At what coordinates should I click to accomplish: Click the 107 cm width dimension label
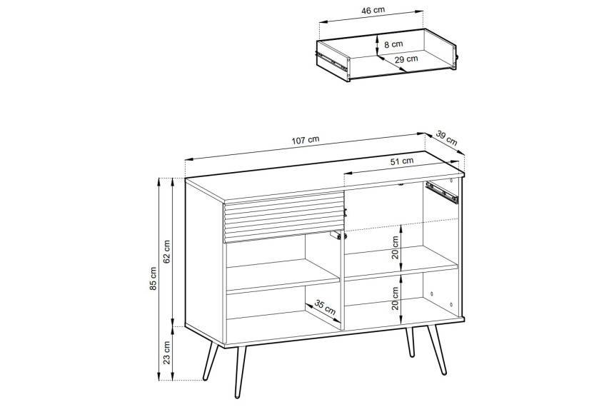pos(306,140)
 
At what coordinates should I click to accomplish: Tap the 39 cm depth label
pos(446,138)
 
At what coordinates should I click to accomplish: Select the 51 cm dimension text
pos(402,161)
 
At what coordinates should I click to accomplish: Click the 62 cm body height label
pos(167,251)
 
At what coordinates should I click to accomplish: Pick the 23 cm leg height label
pos(167,353)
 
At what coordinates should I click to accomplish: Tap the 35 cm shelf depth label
pos(325,307)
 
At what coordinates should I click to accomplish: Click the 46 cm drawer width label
pos(372,11)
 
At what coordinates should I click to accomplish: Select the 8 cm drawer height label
pos(393,44)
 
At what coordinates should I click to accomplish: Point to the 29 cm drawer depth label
pos(406,59)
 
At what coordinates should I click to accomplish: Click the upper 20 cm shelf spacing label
pos(395,247)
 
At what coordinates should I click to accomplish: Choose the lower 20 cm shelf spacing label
pos(395,298)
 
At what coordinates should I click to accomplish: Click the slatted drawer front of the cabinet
pos(283,216)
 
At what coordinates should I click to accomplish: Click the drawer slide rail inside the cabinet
pos(442,192)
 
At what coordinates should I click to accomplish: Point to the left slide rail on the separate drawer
pos(333,62)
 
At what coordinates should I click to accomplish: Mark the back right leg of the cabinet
pos(410,342)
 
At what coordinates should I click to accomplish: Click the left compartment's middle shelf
pos(283,276)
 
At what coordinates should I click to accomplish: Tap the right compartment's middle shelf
pos(401,263)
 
